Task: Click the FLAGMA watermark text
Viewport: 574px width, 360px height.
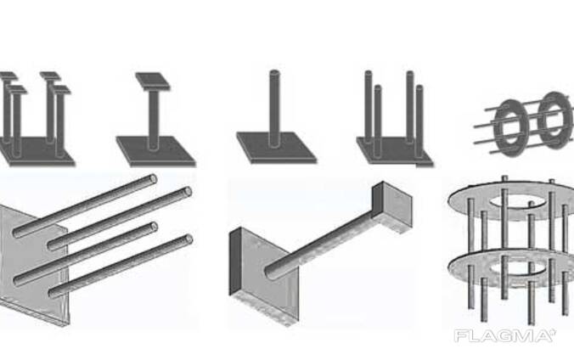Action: point(505,336)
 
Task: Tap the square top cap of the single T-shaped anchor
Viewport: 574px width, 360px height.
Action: point(153,81)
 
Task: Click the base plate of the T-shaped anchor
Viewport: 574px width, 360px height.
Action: point(156,151)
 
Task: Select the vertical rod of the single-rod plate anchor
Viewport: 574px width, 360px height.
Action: point(274,109)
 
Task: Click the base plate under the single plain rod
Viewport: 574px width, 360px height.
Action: point(276,148)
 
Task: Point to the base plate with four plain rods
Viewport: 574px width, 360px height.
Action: point(396,151)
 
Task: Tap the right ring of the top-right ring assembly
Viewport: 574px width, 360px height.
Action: point(554,120)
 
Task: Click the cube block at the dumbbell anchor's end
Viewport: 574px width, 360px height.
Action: point(392,208)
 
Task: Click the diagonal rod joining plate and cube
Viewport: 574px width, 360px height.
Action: point(319,245)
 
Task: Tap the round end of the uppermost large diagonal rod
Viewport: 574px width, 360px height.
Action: point(153,179)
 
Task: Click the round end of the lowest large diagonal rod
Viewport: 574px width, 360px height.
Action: point(189,239)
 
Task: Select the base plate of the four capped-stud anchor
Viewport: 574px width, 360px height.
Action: point(35,152)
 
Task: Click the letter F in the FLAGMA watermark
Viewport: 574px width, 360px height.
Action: point(460,336)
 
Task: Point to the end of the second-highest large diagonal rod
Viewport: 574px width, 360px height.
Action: point(188,192)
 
